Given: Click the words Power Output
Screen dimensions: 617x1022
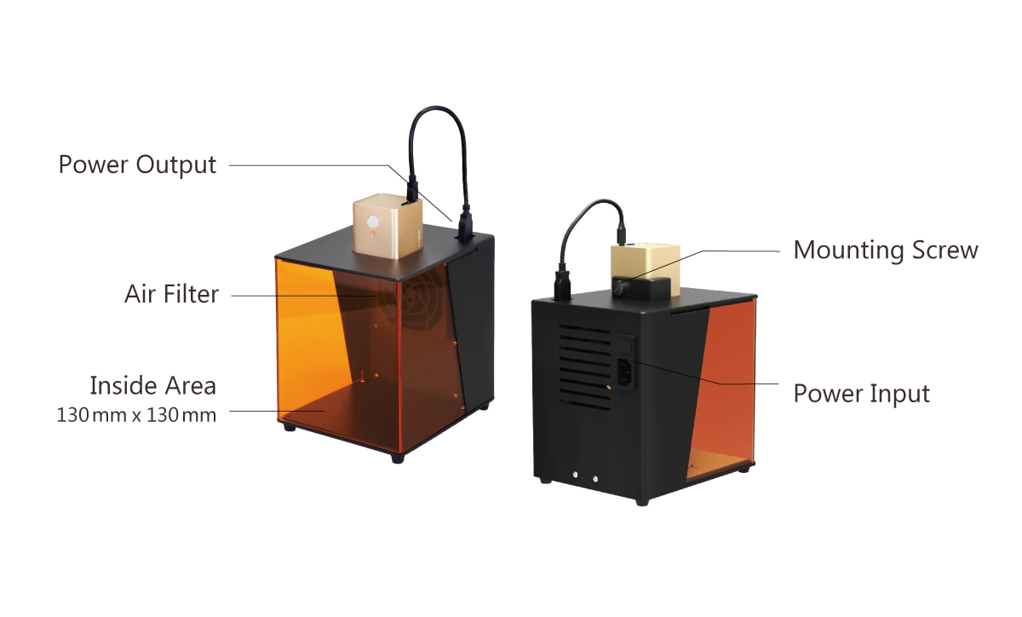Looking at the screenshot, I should pyautogui.click(x=137, y=164).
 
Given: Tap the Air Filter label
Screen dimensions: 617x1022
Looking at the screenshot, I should pyautogui.click(x=171, y=295).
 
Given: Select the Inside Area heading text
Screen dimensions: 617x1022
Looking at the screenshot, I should pyautogui.click(x=152, y=385).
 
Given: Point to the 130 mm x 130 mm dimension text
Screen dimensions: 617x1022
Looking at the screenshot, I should pyautogui.click(x=136, y=416).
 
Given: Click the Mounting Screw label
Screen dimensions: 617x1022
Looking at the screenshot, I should pyautogui.click(x=886, y=251).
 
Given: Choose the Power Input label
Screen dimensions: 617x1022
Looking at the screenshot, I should pyautogui.click(x=861, y=394).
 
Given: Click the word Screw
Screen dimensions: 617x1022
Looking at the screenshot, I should pyautogui.click(x=944, y=251).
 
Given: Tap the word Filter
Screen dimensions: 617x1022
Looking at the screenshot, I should pyautogui.click(x=193, y=295).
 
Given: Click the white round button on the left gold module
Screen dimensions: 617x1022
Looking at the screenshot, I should pyautogui.click(x=372, y=225).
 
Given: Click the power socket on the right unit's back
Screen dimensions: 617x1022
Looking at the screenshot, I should pyautogui.click(x=624, y=372).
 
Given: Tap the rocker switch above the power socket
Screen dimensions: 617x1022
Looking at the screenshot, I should pyautogui.click(x=626, y=344).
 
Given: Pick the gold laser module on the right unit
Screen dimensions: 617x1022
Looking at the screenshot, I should pyautogui.click(x=646, y=268).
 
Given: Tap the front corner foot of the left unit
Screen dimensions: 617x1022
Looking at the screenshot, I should pyautogui.click(x=397, y=458).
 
